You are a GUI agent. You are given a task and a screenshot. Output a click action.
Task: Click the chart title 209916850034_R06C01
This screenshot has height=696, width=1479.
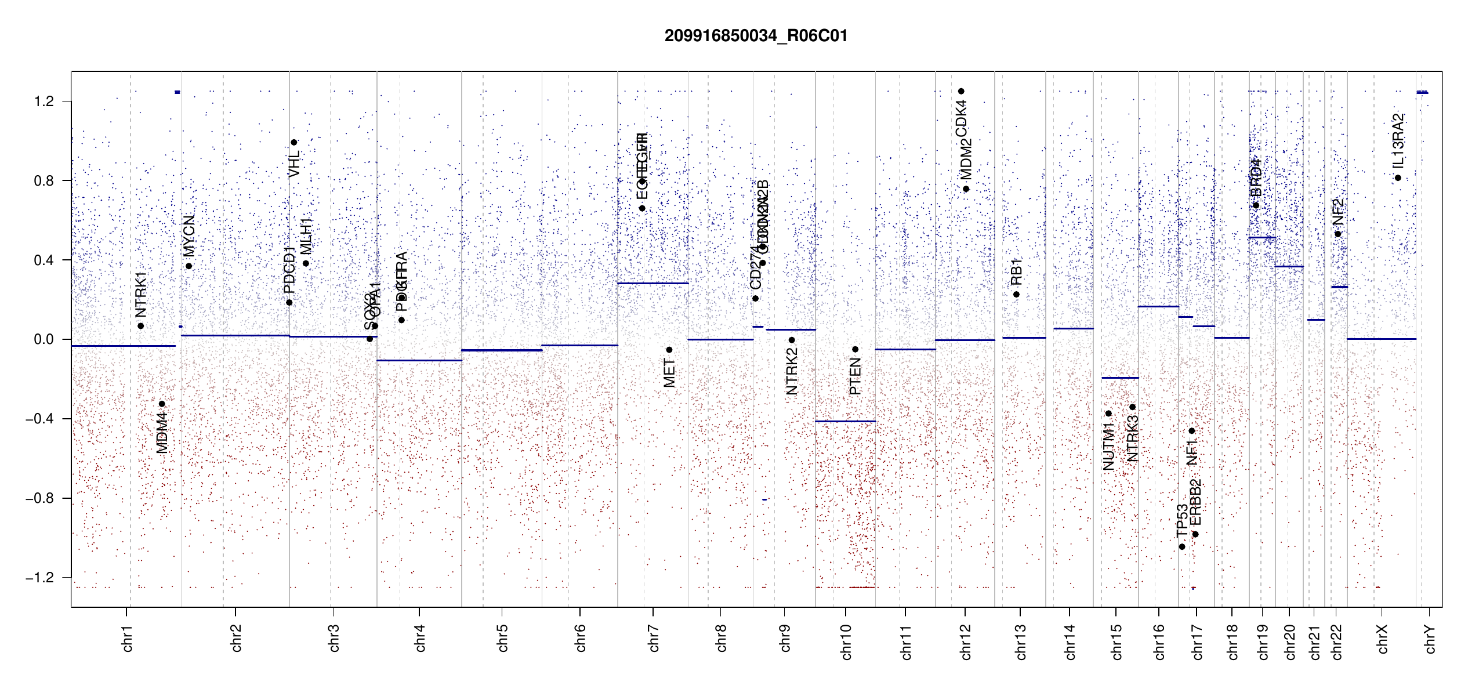(756, 36)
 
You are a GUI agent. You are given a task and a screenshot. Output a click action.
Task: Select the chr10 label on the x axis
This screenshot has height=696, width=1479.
(846, 641)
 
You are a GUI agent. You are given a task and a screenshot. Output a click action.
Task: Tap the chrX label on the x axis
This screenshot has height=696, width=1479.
(1382, 639)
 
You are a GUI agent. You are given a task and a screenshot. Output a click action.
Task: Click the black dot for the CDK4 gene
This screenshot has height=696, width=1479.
(961, 91)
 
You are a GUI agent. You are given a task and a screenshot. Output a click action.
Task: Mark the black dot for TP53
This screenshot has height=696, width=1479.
(1182, 547)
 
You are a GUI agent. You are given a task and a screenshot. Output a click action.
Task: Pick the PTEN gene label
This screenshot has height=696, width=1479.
(855, 376)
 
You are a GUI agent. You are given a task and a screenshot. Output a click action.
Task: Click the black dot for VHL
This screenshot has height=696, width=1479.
(294, 143)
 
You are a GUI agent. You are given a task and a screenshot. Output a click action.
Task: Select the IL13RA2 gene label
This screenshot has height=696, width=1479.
(1398, 140)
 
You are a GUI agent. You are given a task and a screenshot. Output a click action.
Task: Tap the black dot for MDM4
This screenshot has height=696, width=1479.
(162, 404)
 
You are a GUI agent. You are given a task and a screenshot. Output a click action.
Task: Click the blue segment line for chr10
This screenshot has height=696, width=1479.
(845, 421)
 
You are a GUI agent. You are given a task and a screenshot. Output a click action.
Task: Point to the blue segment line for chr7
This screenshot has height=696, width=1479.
(652, 283)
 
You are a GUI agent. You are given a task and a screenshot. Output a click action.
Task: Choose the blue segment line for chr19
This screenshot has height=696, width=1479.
(1261, 237)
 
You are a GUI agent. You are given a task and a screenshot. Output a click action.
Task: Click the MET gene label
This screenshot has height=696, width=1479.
(669, 373)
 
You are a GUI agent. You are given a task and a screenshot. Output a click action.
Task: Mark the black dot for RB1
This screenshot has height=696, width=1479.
(1016, 295)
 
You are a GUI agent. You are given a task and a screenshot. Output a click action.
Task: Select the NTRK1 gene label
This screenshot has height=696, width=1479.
(141, 294)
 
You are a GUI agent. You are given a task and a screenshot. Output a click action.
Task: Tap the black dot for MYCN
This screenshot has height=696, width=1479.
(189, 266)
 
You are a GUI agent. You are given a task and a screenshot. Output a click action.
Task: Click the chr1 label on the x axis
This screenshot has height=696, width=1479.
(128, 639)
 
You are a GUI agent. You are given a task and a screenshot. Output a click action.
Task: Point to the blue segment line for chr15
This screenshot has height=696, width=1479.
(1119, 378)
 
